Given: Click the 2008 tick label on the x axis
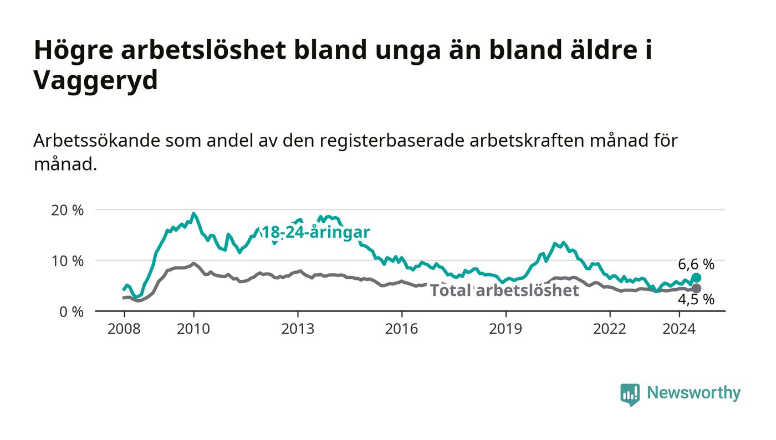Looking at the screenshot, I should pos(124,329).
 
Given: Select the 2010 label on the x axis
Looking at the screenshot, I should pos(193,329).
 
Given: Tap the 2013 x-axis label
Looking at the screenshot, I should pos(298,329).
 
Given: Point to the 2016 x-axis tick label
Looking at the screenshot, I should pos(401,329).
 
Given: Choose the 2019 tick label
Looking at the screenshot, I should pos(506,329).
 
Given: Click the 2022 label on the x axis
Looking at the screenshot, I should pos(609,329).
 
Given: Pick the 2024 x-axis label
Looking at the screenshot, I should pos(679,329).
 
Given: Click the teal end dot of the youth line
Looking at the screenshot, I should pos(696,278).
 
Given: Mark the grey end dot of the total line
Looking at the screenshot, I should pos(696,288).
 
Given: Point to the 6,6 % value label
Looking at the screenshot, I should pos(696,264).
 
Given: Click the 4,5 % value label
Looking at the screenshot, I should pos(696,300).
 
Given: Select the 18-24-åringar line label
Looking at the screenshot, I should pos(315,232).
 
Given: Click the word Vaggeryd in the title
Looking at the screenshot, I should pos(96,81).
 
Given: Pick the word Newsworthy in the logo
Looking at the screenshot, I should pos(693,393).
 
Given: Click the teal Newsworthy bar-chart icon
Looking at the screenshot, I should pos(630,394).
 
